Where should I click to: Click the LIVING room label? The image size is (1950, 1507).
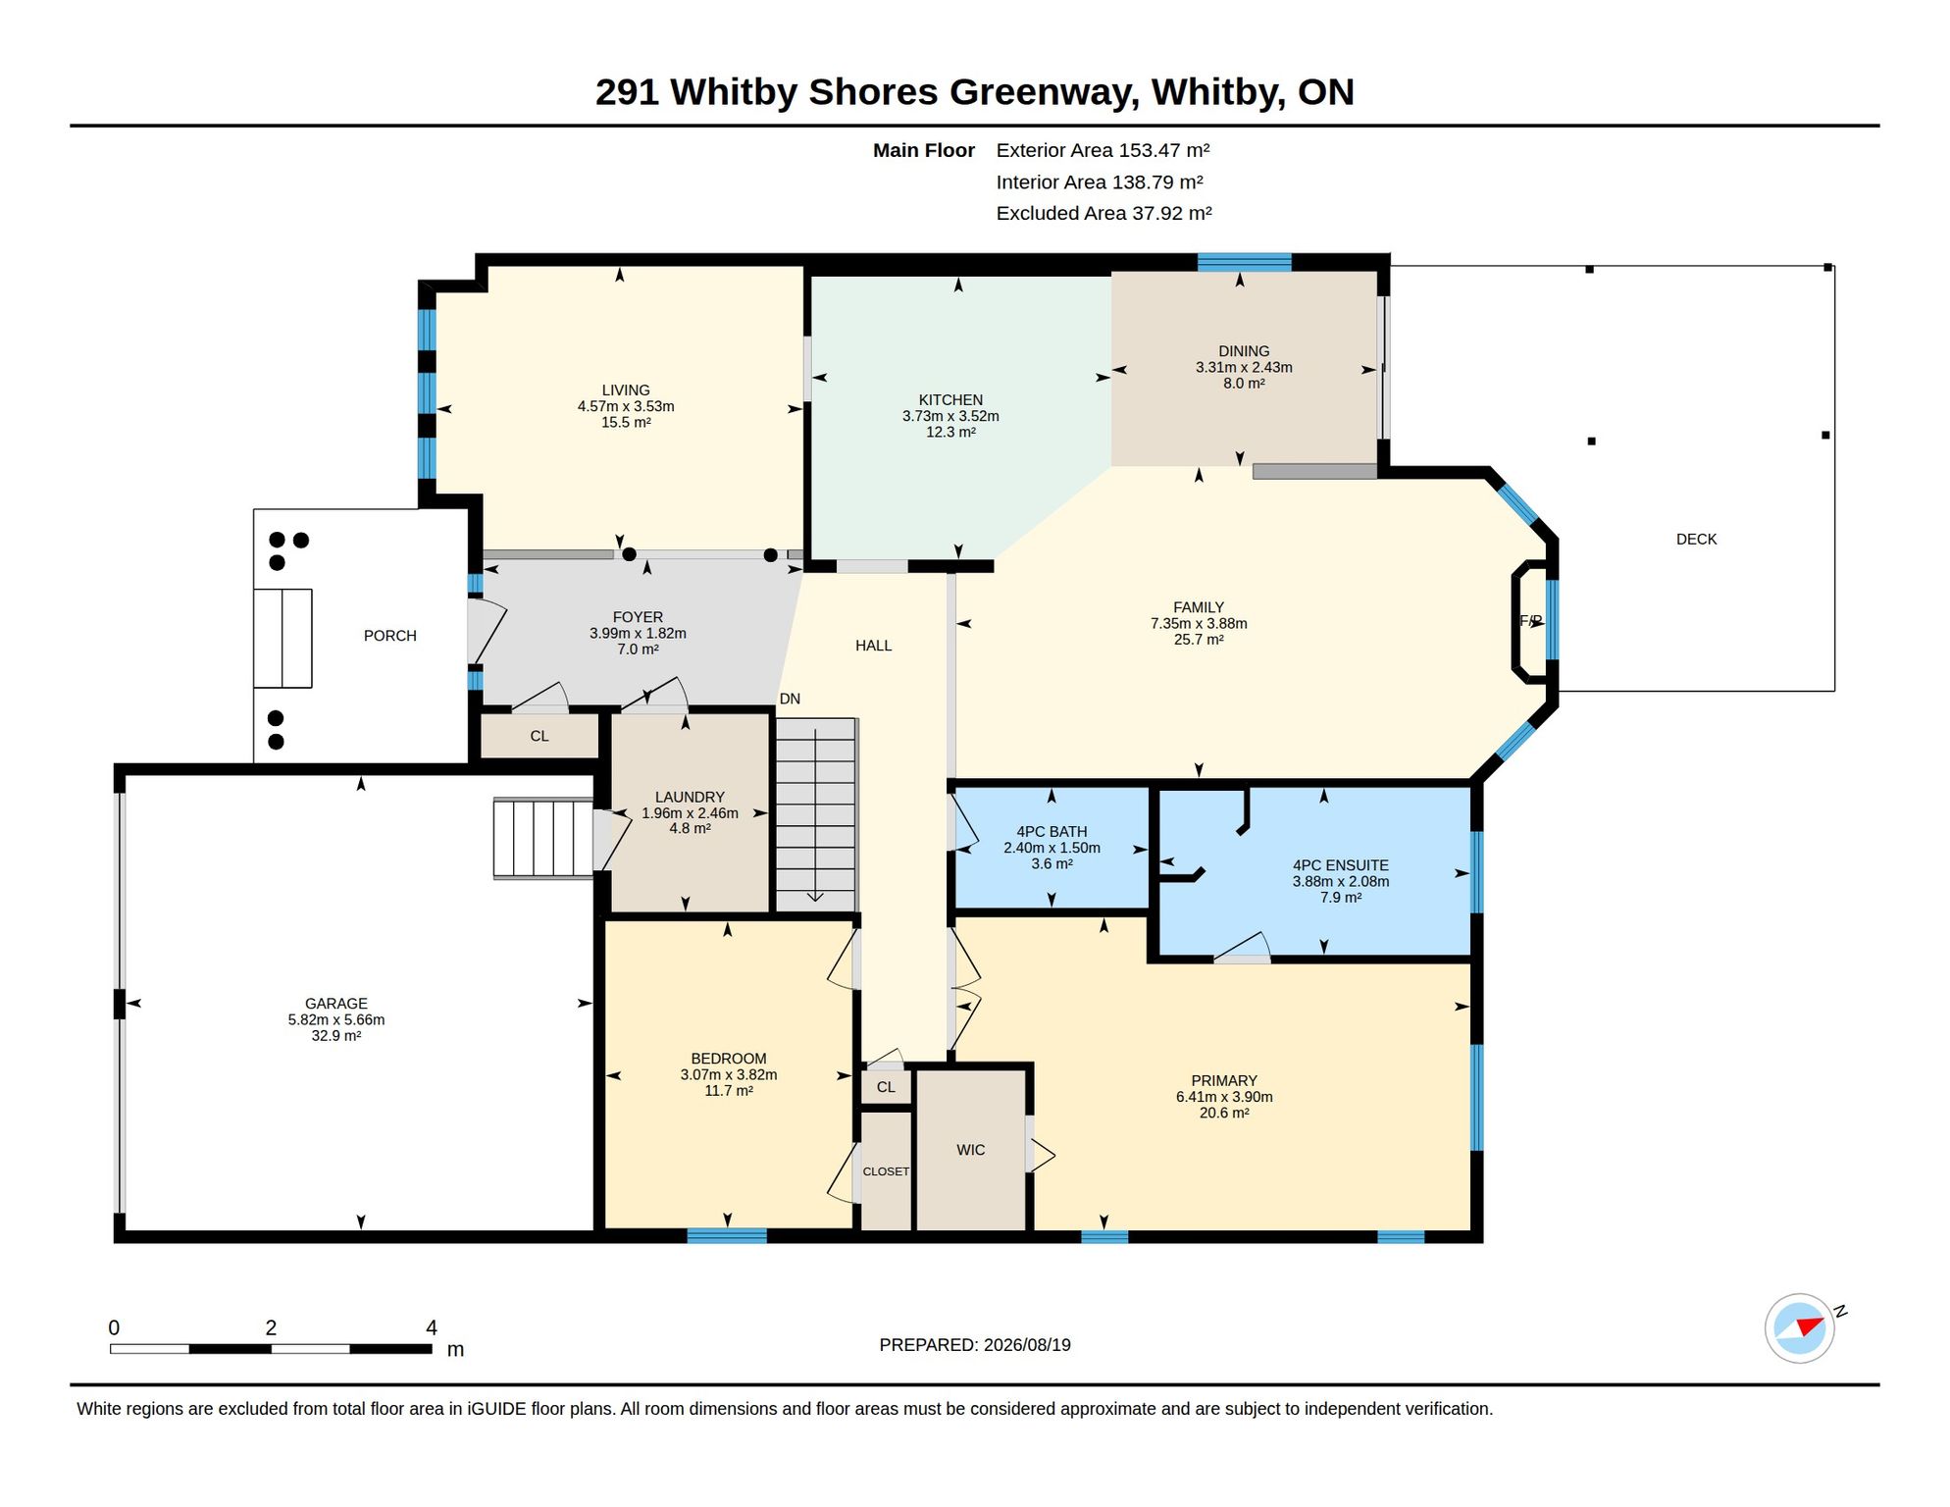coord(626,390)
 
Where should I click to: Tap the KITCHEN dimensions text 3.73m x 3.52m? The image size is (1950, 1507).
coord(950,416)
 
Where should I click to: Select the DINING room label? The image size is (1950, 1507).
coord(1244,351)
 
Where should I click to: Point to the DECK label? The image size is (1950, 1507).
coord(1696,539)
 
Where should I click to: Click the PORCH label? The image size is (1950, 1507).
coord(390,636)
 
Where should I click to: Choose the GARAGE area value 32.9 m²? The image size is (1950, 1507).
coord(336,1036)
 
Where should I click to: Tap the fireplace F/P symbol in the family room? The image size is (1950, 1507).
coord(1530,621)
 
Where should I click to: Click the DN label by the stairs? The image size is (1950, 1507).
coord(790,699)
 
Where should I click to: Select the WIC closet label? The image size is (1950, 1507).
coord(970,1150)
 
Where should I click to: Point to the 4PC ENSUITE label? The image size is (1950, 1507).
coord(1340,865)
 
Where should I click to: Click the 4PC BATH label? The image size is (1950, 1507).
coord(1052,832)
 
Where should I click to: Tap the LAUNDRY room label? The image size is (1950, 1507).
coord(690,798)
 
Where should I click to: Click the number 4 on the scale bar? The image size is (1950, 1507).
coord(432,1327)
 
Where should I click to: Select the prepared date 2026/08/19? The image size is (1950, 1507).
coord(1027,1345)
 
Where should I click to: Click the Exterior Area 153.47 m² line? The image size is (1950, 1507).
coord(1103,150)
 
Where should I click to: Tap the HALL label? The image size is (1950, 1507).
coord(873,646)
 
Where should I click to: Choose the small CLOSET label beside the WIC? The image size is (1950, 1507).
coord(886,1171)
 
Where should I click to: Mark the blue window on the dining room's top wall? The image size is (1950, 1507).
coord(1244,262)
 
